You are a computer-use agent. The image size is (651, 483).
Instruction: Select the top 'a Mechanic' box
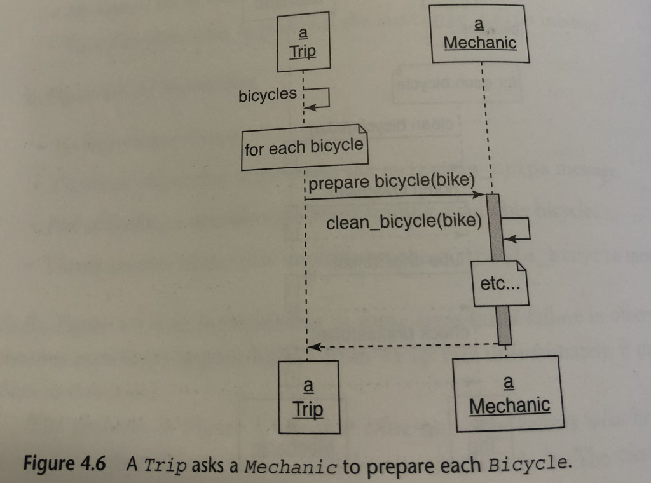pyautogui.click(x=480, y=34)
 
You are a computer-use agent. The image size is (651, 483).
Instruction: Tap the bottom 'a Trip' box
pyautogui.click(x=308, y=397)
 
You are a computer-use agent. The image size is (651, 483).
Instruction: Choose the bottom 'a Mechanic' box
pyautogui.click(x=509, y=394)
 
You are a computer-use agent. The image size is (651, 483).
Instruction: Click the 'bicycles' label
pyautogui.click(x=268, y=95)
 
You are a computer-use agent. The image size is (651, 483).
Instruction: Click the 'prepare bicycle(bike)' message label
pyautogui.click(x=393, y=181)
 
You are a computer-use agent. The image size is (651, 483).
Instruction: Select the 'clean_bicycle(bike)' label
pyautogui.click(x=404, y=222)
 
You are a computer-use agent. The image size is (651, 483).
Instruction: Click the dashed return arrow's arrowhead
pyautogui.click(x=312, y=347)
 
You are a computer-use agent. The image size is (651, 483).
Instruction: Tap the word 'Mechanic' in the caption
pyautogui.click(x=291, y=466)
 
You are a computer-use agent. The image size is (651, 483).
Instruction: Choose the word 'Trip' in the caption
pyautogui.click(x=166, y=465)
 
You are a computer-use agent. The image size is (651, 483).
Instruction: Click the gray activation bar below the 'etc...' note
pyautogui.click(x=504, y=324)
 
